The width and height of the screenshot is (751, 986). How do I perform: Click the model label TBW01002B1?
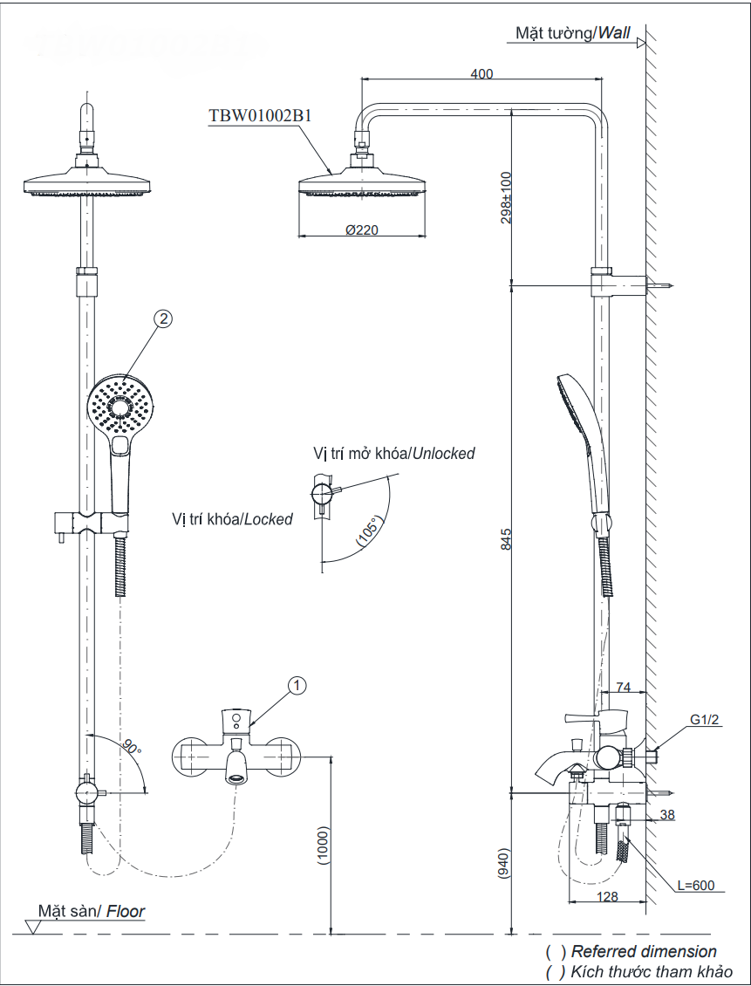(x=260, y=115)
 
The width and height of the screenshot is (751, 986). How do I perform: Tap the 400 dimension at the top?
(x=481, y=74)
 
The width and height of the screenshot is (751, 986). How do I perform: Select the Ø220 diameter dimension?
(x=361, y=230)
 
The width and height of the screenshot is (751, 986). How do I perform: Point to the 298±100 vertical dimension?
(x=507, y=197)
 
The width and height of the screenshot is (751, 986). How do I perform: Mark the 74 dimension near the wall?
(x=624, y=688)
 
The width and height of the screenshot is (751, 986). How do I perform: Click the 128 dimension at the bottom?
(x=607, y=897)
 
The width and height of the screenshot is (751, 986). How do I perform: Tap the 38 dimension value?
(x=667, y=815)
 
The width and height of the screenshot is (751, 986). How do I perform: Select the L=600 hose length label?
(x=695, y=886)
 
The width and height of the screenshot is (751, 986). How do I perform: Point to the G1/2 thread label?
(x=704, y=720)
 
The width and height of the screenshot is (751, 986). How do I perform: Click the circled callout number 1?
(x=297, y=686)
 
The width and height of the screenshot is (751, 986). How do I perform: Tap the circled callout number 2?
(x=162, y=319)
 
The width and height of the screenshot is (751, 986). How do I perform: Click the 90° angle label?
(x=132, y=748)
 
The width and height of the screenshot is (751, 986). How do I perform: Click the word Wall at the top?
(x=614, y=33)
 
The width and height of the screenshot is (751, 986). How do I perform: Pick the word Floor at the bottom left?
(x=126, y=912)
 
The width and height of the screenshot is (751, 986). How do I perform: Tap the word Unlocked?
(x=443, y=454)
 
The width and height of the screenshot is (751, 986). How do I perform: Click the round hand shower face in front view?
(x=121, y=406)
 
